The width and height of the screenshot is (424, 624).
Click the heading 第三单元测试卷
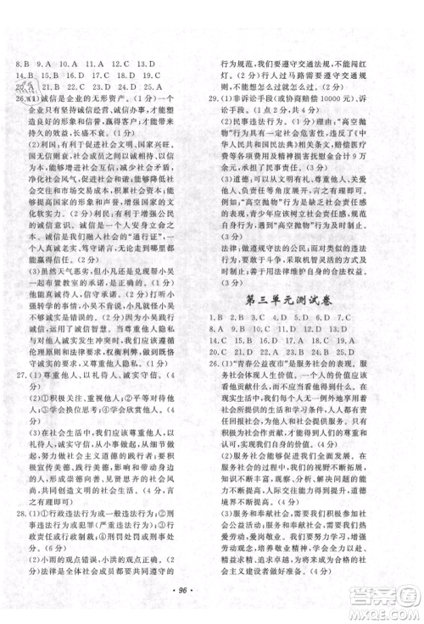[315, 298]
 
